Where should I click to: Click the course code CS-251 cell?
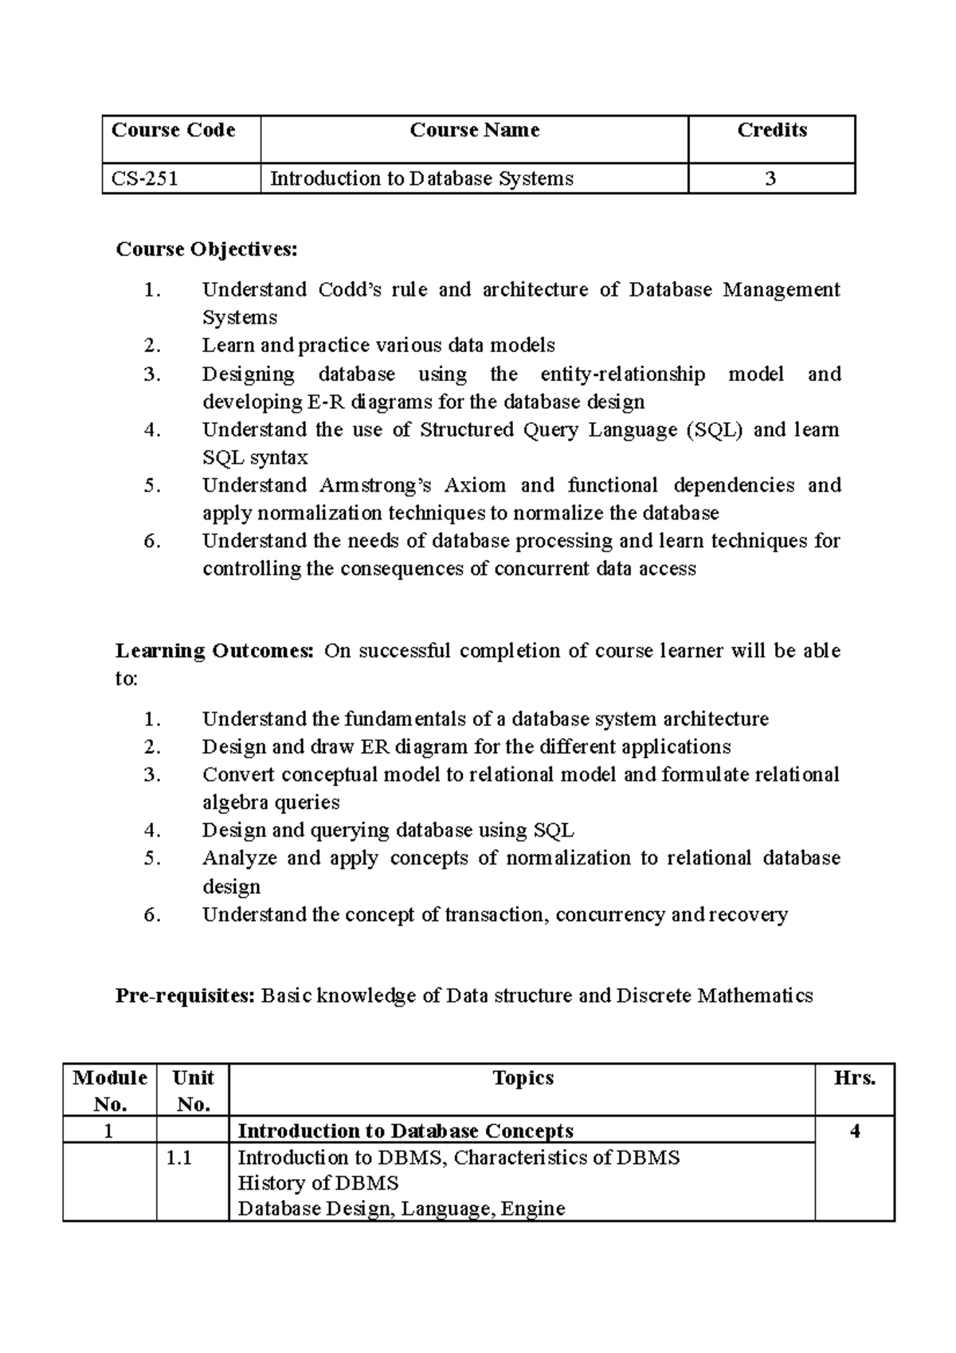(145, 178)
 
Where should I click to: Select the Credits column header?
(771, 130)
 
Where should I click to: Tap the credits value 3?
(770, 178)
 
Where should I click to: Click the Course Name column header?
(474, 130)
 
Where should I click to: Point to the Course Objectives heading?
(206, 249)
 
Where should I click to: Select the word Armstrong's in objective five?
(374, 485)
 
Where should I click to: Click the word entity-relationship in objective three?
(622, 374)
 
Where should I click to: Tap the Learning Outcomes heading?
(215, 651)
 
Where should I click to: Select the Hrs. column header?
(854, 1078)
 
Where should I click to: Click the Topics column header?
(523, 1078)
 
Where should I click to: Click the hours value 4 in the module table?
(855, 1131)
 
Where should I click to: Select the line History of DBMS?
(318, 1182)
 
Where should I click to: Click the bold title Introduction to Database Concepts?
(406, 1131)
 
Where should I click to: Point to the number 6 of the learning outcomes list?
(152, 915)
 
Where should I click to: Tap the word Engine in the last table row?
(533, 1209)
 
